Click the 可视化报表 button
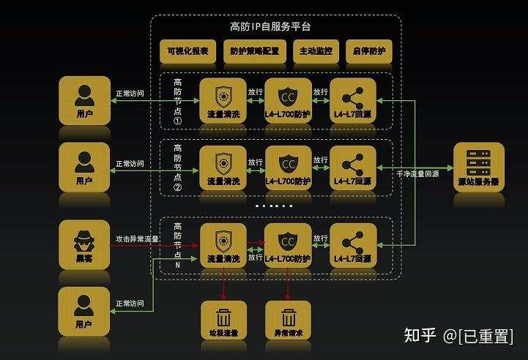187,52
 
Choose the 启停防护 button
369,52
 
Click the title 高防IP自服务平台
270,26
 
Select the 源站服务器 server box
478,167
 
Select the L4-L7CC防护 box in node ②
288,168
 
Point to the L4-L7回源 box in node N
353,245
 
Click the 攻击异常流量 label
138,239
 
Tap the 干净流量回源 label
418,175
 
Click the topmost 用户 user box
84,100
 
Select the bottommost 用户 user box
84,310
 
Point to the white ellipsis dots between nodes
274,206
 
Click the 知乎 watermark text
421,336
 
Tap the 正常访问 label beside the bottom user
130,303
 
